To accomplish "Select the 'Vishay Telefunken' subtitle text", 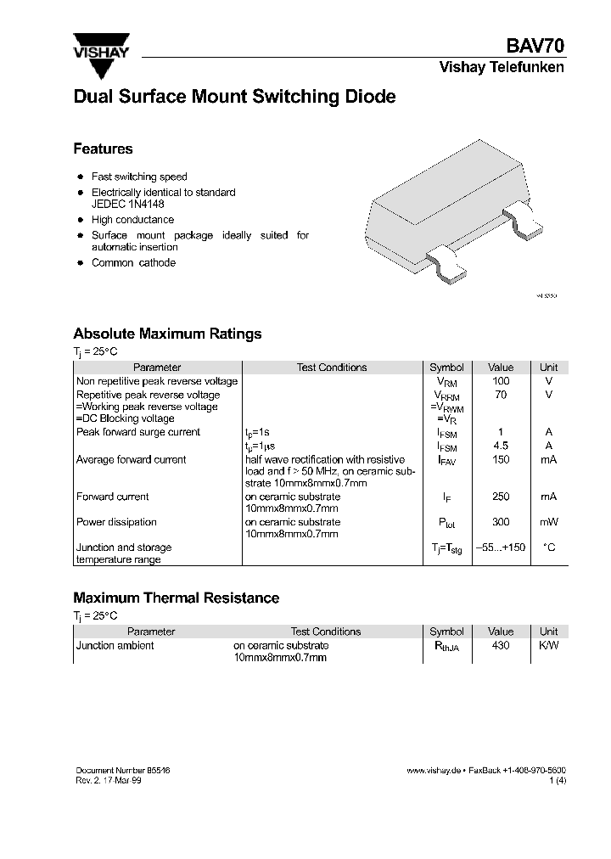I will pos(501,68).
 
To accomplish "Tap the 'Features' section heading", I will pos(103,149).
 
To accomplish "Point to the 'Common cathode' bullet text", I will pos(133,263).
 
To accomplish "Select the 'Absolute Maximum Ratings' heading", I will pos(167,334).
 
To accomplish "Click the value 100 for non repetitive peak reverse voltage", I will pos(501,381).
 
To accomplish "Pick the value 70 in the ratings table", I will pos(501,395).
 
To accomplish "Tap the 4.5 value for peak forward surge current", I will pos(501,446).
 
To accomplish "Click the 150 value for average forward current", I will pos(501,459).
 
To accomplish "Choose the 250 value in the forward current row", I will pos(501,497).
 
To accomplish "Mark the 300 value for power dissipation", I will pos(501,522).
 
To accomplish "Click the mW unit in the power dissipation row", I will pos(549,522).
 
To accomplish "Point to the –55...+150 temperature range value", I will pos(501,547).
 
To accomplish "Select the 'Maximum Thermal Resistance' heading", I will pos(176,598).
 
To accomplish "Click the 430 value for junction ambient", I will pos(501,645).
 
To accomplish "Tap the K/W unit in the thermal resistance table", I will pos(549,645).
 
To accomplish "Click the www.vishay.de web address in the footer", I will pos(433,770).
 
